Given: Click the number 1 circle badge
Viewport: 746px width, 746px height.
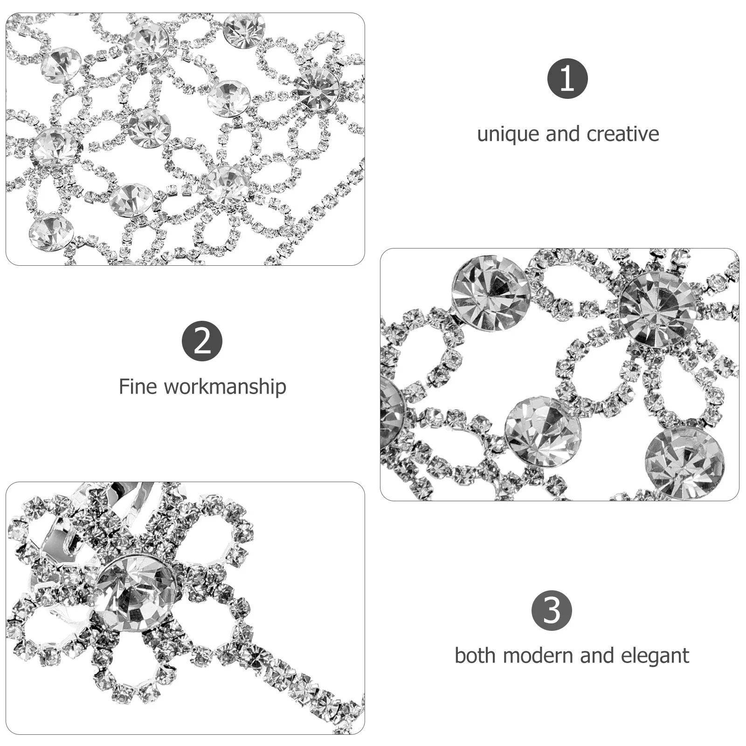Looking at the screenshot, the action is (x=567, y=78).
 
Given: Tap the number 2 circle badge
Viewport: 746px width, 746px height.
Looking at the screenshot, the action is (x=202, y=341).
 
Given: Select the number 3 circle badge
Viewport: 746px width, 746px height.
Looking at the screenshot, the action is (x=552, y=610).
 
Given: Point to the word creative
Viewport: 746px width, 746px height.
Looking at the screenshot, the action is (x=623, y=134).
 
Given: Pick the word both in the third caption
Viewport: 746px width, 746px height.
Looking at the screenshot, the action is (x=475, y=656).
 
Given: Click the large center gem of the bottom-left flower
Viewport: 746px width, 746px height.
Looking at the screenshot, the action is (x=136, y=593).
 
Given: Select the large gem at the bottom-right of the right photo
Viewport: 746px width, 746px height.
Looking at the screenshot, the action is (x=684, y=463).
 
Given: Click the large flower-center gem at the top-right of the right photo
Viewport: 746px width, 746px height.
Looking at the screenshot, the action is (x=657, y=310).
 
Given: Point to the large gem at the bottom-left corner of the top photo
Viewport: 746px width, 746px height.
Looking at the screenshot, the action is (x=51, y=232).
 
